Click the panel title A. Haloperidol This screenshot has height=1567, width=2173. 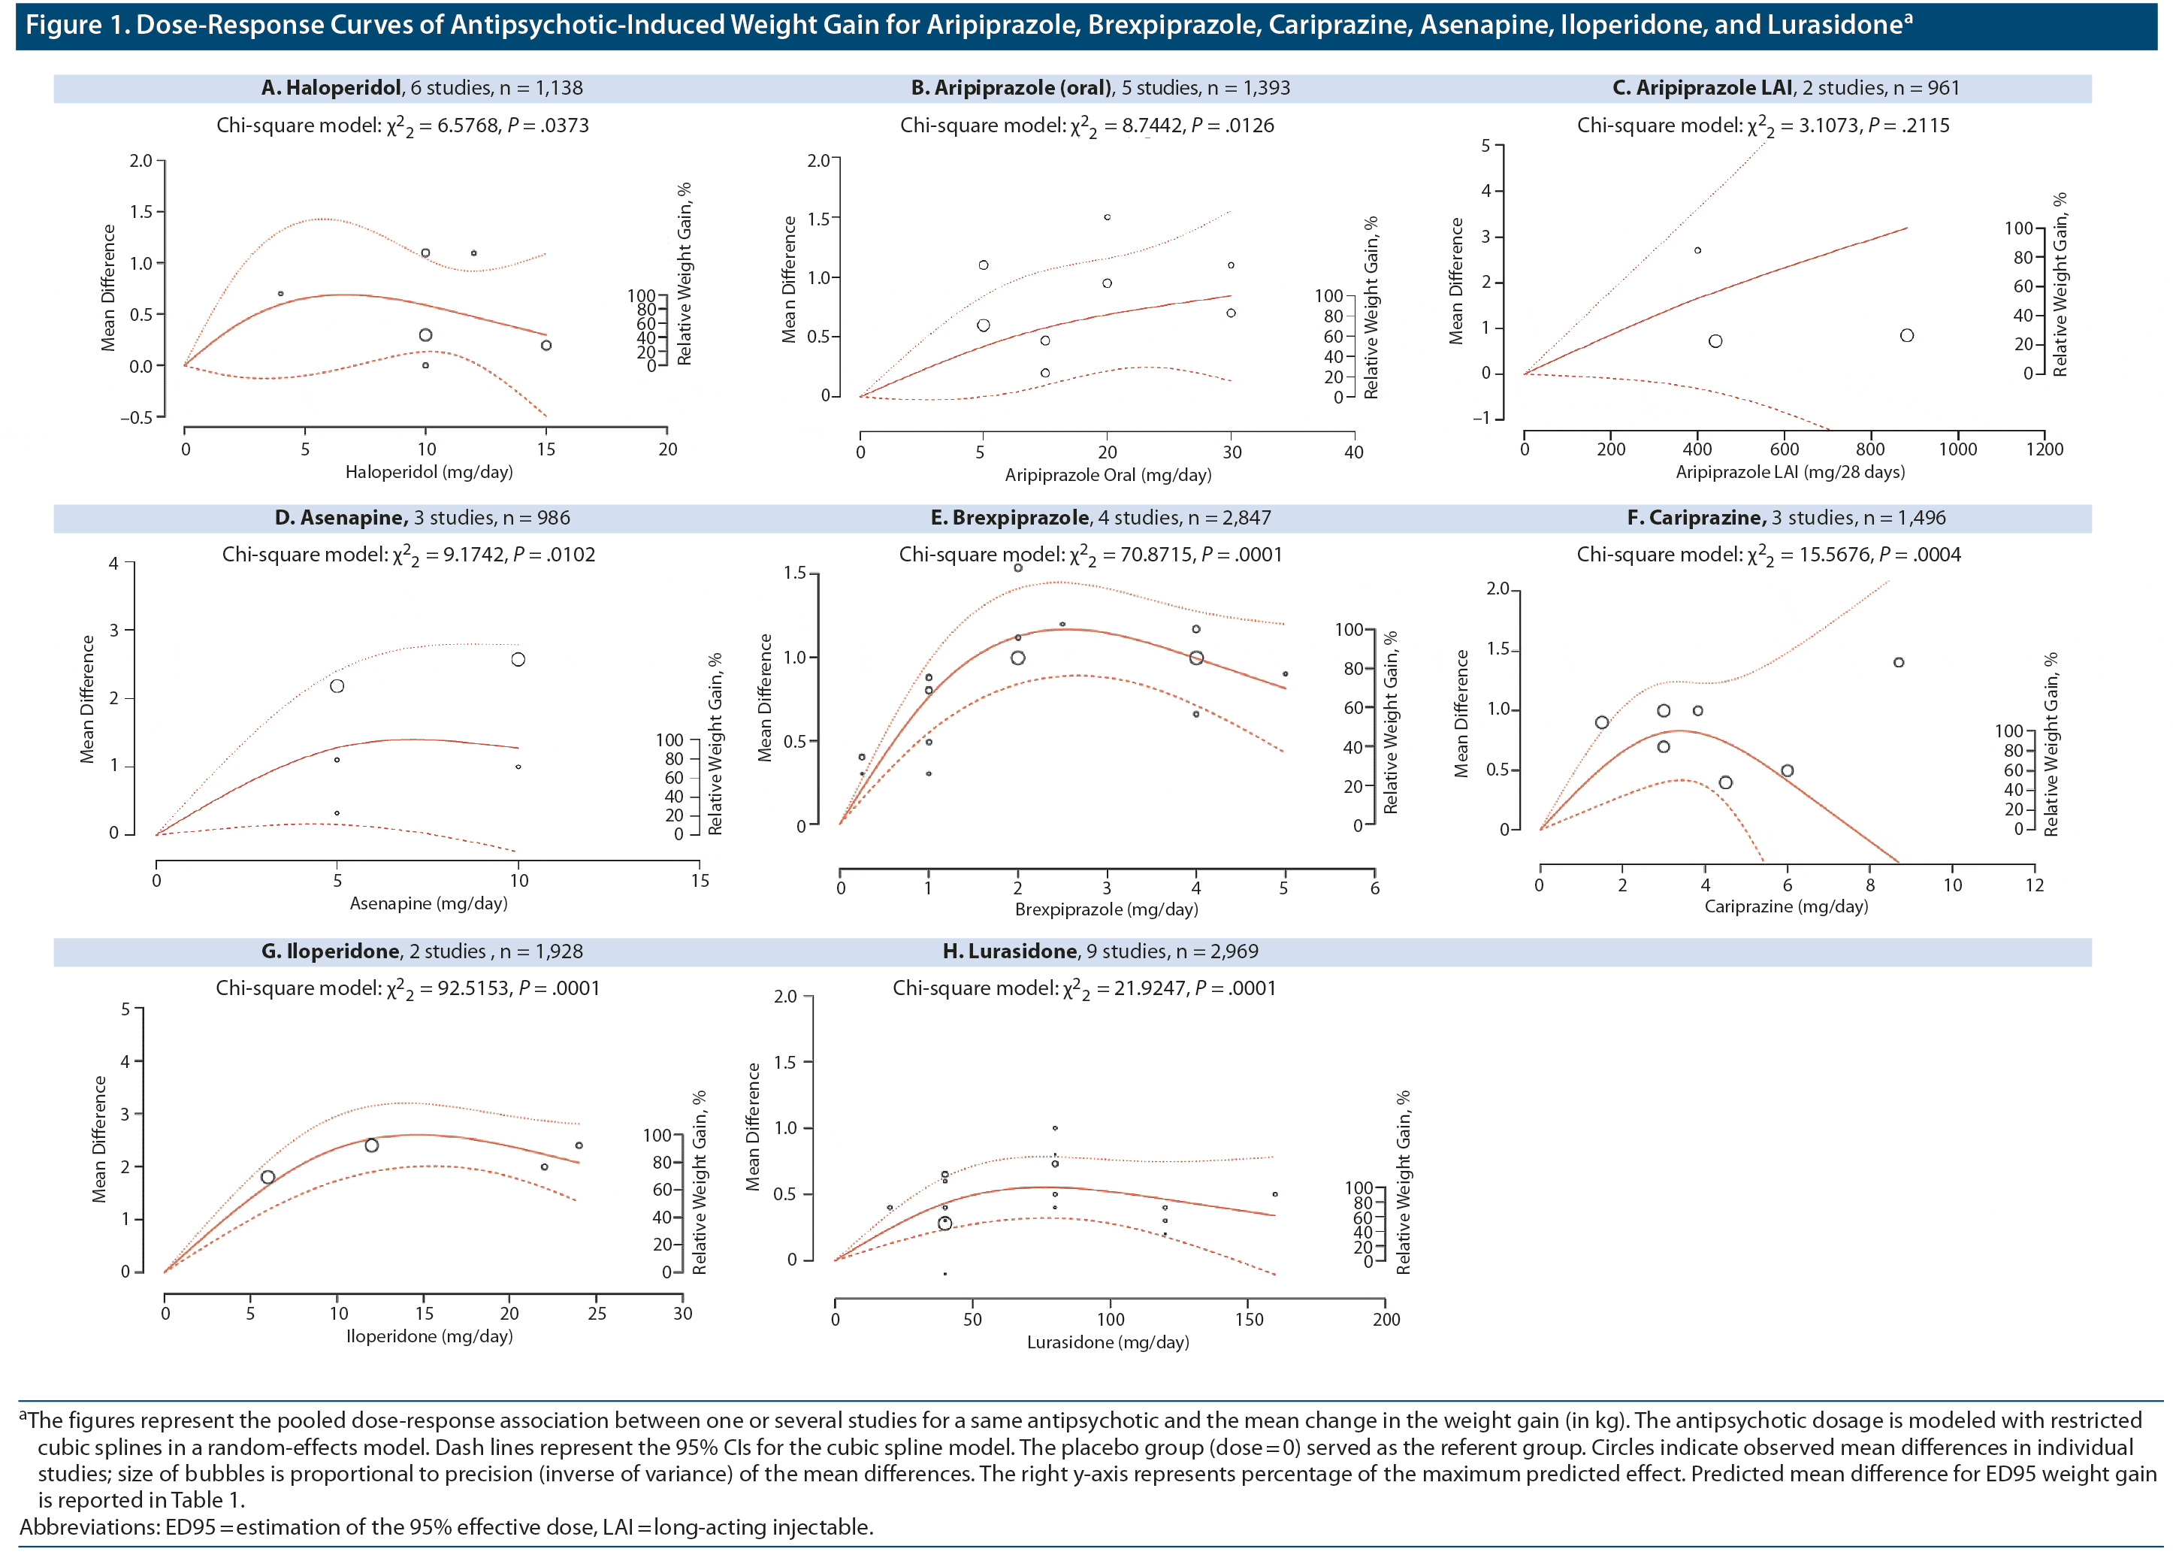[x=331, y=88]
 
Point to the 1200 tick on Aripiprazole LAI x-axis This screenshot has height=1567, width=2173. [x=2044, y=449]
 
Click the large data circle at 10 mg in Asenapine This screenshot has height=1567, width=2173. [x=518, y=659]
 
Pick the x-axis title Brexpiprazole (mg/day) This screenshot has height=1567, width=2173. [x=1106, y=909]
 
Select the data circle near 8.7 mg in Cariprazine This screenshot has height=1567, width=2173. [x=1898, y=662]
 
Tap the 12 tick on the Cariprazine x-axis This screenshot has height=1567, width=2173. [x=2034, y=885]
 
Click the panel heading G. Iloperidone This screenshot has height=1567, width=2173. [x=331, y=951]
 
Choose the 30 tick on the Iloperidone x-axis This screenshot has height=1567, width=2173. [x=682, y=1313]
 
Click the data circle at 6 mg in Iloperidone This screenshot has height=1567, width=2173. [x=268, y=1177]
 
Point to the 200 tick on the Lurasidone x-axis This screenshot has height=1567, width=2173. [x=1386, y=1319]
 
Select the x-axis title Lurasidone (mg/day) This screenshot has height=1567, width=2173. [x=1108, y=1342]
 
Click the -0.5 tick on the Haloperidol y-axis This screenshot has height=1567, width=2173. [x=136, y=417]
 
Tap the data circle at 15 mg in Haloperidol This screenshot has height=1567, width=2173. [x=546, y=345]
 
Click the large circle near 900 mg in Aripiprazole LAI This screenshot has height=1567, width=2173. [x=1907, y=335]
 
